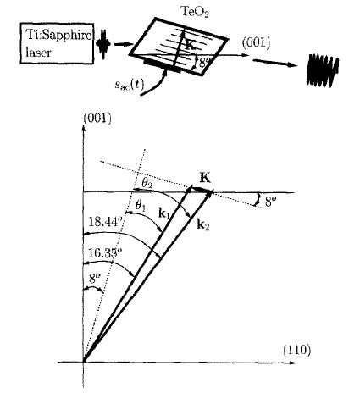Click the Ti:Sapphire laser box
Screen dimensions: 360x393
click(x=57, y=43)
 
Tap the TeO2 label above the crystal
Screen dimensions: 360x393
click(x=194, y=11)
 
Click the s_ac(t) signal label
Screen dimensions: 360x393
click(x=129, y=84)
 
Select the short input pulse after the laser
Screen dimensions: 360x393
click(x=103, y=44)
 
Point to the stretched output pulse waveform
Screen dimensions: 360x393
click(x=323, y=70)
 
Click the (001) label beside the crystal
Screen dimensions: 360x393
click(x=256, y=43)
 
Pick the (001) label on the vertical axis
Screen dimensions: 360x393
click(x=97, y=119)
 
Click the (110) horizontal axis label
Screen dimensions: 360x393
click(x=296, y=350)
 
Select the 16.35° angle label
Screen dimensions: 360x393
click(x=105, y=252)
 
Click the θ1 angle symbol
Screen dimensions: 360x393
click(x=141, y=206)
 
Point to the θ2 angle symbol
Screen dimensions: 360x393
click(x=147, y=184)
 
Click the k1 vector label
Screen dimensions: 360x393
click(x=164, y=214)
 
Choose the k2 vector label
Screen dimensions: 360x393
click(x=203, y=224)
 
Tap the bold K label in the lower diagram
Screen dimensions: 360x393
click(x=205, y=178)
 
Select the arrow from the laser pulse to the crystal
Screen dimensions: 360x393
click(x=124, y=44)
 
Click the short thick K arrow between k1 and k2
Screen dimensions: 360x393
click(x=202, y=190)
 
